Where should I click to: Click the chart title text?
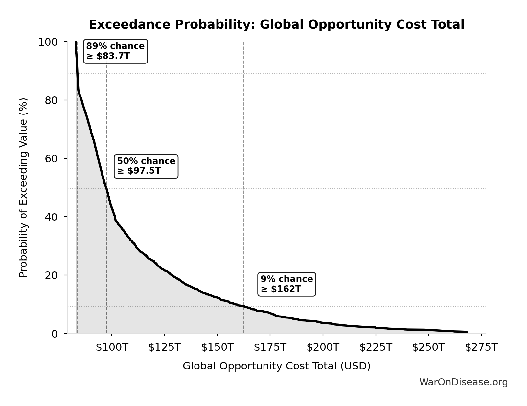(x=276, y=25)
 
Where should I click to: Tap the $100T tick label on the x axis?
(x=112, y=347)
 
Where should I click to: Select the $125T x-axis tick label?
(x=164, y=347)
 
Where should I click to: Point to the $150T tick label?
(x=217, y=347)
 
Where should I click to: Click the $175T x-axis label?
(x=270, y=347)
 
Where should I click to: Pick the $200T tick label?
(x=323, y=347)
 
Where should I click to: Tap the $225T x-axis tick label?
(x=376, y=347)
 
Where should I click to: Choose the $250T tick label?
(x=428, y=347)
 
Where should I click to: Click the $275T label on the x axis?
(x=481, y=347)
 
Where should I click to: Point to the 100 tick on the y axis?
(x=48, y=42)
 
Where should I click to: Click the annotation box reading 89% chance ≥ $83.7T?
(x=115, y=51)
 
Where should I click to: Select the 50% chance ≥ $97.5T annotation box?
(x=146, y=166)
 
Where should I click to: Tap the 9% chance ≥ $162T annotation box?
(x=287, y=284)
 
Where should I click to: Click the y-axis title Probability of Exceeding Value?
(x=23, y=188)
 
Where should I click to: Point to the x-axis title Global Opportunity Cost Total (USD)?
(x=276, y=366)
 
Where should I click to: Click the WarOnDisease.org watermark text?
(x=463, y=382)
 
